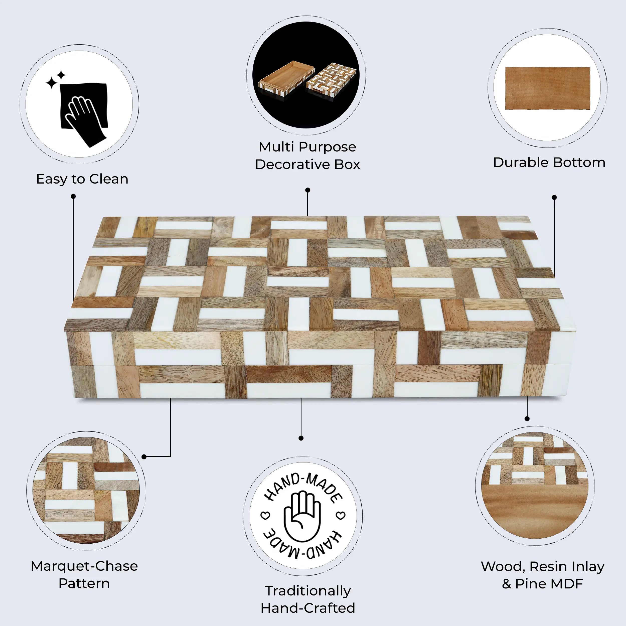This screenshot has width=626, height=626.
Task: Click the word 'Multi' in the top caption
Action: coord(276,147)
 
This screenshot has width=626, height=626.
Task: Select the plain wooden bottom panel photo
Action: coord(547,88)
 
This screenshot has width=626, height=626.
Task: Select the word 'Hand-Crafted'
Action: coord(307,608)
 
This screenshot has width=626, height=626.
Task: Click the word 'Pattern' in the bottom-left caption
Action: coord(84,583)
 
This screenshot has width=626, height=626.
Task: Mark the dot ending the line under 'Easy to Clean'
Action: coord(73,196)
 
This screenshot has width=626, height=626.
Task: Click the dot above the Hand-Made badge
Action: coord(301,438)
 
